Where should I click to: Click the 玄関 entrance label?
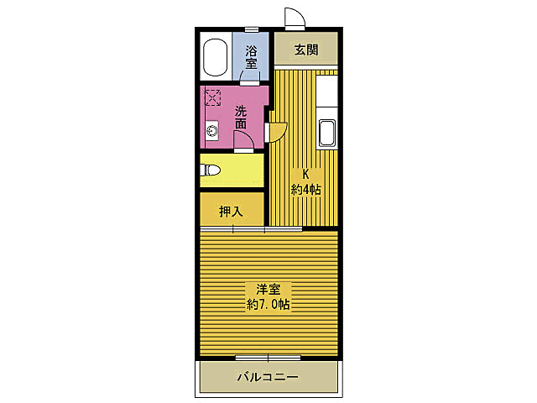click(306, 50)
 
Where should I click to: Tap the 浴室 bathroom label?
click(251, 58)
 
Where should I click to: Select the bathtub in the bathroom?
click(216, 57)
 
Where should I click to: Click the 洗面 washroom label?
click(241, 118)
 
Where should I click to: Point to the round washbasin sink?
click(212, 131)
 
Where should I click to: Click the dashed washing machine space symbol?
click(212, 97)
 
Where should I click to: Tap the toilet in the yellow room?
click(210, 170)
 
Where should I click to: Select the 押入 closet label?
click(232, 212)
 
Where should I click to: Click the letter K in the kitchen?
click(305, 175)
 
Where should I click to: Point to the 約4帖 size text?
click(305, 189)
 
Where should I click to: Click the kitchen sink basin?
click(326, 133)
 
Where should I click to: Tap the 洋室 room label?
click(268, 290)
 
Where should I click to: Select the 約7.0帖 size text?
click(268, 304)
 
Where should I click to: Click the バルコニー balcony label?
click(268, 377)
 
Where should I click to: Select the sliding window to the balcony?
click(268, 358)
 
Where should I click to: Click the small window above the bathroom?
click(252, 29)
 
